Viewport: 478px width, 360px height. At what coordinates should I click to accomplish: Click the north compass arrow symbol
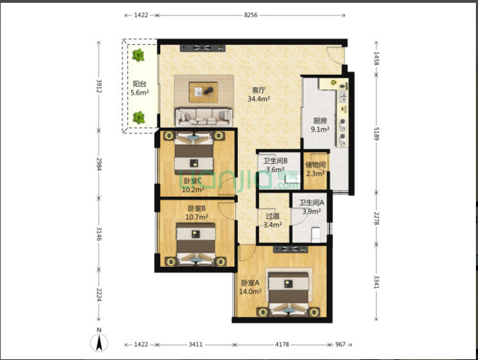[99, 342]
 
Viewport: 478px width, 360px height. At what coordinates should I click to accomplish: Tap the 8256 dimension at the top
[251, 15]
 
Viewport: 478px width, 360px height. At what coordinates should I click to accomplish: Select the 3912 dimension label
[99, 86]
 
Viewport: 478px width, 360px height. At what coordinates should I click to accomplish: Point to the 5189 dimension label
[377, 134]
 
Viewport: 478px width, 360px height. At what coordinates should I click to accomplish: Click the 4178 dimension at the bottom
[282, 345]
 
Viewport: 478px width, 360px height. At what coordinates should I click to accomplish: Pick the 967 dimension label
[340, 345]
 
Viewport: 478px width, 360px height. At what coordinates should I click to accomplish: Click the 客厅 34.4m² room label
[259, 95]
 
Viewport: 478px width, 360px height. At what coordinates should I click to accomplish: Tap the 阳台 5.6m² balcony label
[139, 88]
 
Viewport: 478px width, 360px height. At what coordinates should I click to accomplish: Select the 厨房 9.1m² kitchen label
[320, 125]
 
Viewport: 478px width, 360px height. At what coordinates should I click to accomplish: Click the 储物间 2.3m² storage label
[316, 169]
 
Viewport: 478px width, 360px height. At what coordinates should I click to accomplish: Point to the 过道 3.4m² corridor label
[272, 220]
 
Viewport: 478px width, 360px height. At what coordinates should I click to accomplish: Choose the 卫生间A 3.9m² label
[311, 207]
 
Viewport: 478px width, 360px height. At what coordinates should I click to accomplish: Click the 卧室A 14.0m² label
[251, 287]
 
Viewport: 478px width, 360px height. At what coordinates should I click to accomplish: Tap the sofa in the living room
[204, 117]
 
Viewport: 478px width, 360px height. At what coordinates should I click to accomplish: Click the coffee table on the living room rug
[204, 92]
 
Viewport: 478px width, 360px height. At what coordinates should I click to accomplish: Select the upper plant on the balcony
[138, 55]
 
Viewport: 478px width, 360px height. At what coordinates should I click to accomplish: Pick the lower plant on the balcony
[139, 118]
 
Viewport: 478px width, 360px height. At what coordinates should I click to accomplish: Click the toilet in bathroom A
[316, 234]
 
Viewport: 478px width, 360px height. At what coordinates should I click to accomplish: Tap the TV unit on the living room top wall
[202, 48]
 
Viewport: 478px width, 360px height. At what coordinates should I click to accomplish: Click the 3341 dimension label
[377, 282]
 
